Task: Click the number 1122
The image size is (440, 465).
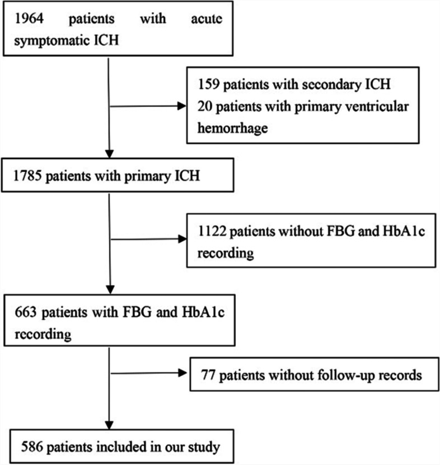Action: point(211,232)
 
